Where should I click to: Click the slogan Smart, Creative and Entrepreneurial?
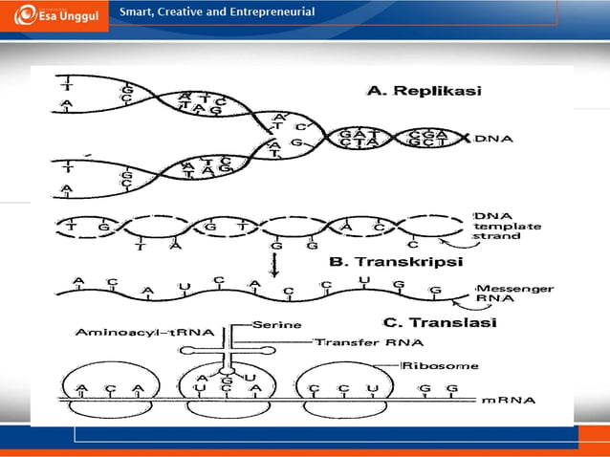click(217, 12)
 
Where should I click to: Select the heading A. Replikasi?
click(424, 92)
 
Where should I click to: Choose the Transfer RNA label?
click(358, 340)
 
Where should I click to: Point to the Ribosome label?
click(430, 364)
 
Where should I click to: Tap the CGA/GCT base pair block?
click(427, 140)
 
